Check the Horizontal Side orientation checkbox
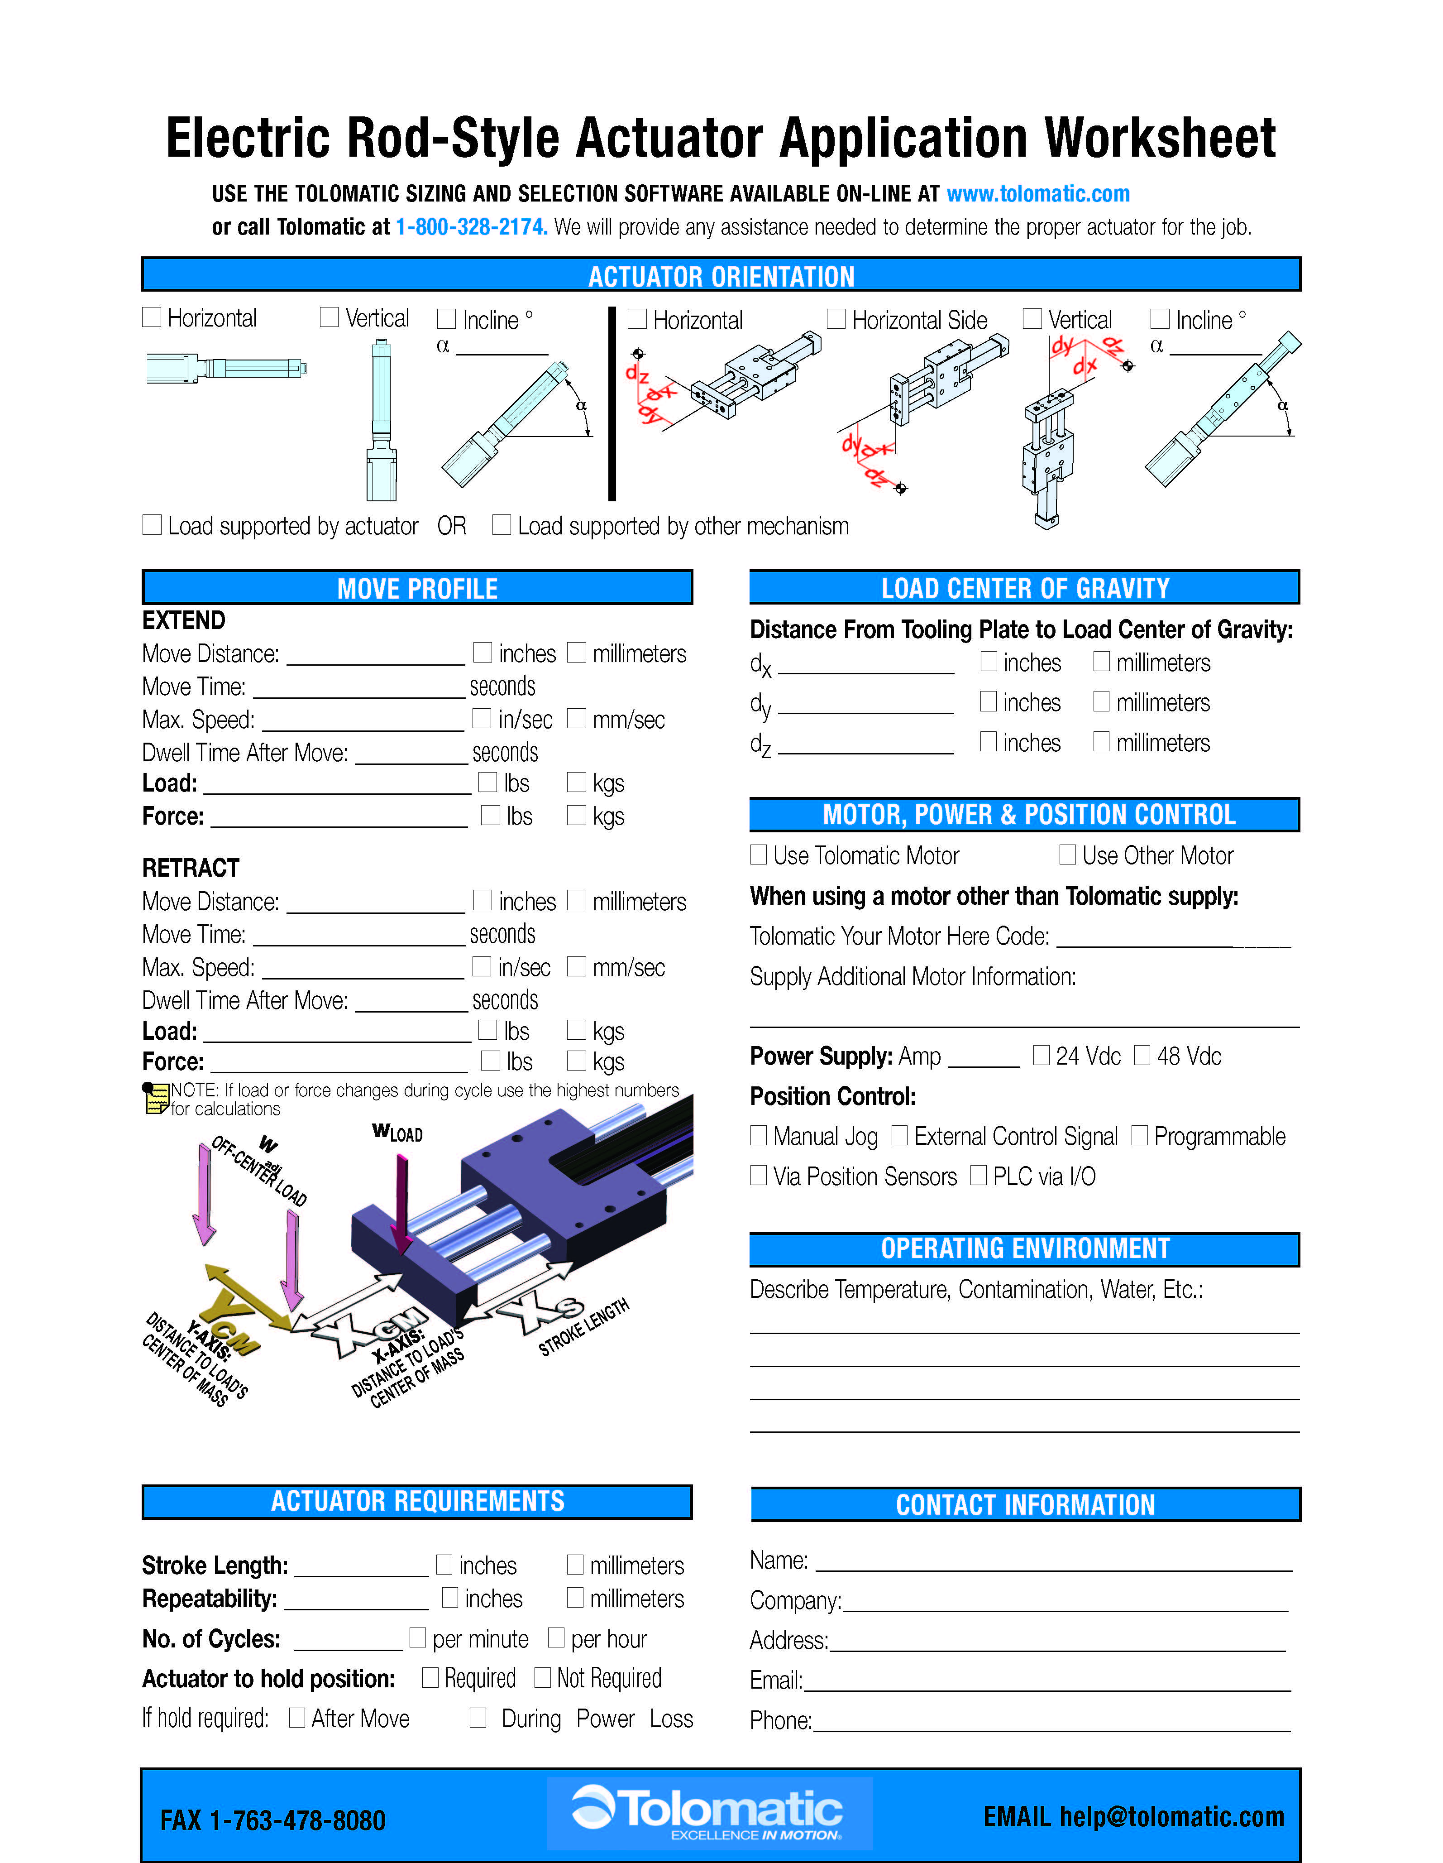[x=836, y=319]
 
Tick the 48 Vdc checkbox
[x=1142, y=1055]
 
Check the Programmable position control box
[x=1138, y=1135]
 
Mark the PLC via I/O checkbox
[x=978, y=1176]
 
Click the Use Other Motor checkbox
[x=1067, y=855]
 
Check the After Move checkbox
[x=297, y=1717]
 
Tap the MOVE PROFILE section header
[x=417, y=588]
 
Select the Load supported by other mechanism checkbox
[x=502, y=524]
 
